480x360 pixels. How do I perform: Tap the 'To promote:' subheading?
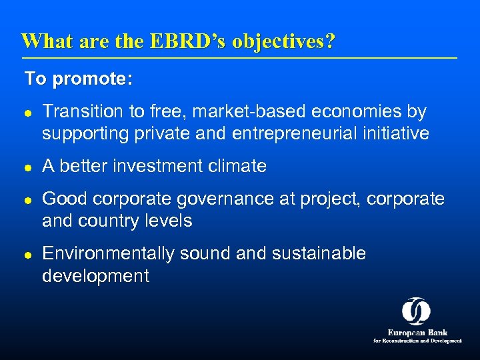[x=79, y=79]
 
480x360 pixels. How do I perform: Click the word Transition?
[x=79, y=112]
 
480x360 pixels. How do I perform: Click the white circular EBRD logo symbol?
[x=416, y=311]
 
